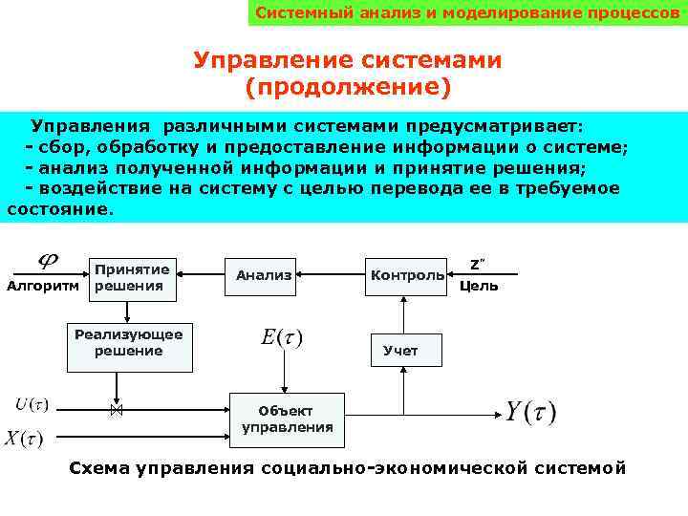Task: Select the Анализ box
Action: pos(264,276)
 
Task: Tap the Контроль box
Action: pos(406,276)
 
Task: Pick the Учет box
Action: pos(400,351)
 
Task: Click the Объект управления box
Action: pos(288,419)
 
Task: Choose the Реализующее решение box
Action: pos(129,343)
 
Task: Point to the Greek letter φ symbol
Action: pos(45,260)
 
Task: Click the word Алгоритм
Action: pos(43,286)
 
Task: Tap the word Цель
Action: pos(478,286)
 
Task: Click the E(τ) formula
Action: pos(281,338)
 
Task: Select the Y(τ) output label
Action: pos(530,413)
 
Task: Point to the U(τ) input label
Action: pos(32,404)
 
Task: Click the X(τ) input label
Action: pos(25,439)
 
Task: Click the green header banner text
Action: pos(466,13)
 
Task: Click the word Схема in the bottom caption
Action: pos(99,468)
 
